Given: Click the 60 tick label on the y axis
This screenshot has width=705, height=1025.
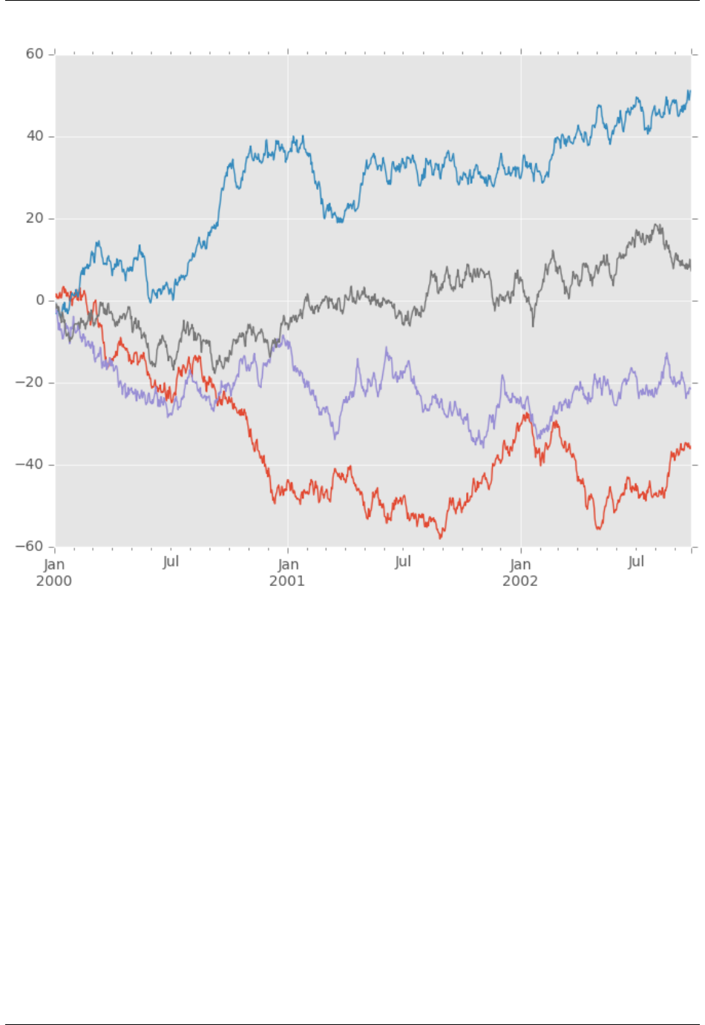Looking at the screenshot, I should (x=35, y=54).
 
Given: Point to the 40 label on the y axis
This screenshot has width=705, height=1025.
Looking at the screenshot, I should (x=35, y=136).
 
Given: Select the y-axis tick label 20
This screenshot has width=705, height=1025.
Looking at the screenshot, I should (x=35, y=219).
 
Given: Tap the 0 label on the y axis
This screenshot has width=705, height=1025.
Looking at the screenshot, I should (x=40, y=300).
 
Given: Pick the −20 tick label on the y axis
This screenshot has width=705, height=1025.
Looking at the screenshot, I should (x=31, y=383).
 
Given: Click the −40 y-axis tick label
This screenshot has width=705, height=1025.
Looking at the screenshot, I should (x=31, y=465).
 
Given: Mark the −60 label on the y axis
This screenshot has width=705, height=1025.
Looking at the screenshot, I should (x=31, y=547).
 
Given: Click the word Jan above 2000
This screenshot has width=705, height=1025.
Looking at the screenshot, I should (x=54, y=564).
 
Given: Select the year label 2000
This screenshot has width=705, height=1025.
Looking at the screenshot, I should (x=54, y=581).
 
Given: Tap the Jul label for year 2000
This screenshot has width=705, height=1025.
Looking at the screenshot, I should (x=171, y=561).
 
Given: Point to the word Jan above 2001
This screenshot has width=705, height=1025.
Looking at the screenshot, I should (x=288, y=564).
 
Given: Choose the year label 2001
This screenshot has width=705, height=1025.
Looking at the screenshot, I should (x=287, y=581).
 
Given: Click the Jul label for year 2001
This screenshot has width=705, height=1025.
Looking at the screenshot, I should (x=403, y=561).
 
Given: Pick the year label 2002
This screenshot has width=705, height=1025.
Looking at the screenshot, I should (x=520, y=581).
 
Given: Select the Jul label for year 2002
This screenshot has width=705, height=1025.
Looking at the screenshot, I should (x=636, y=561).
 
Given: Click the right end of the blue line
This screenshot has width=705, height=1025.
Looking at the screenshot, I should (x=690, y=91).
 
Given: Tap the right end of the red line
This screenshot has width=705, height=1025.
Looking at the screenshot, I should (x=690, y=447).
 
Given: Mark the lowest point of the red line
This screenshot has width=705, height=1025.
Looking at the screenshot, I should (x=441, y=538).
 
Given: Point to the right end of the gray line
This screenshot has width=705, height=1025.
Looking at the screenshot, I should (x=690, y=266).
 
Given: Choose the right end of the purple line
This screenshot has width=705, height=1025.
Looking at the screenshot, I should (x=690, y=388).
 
